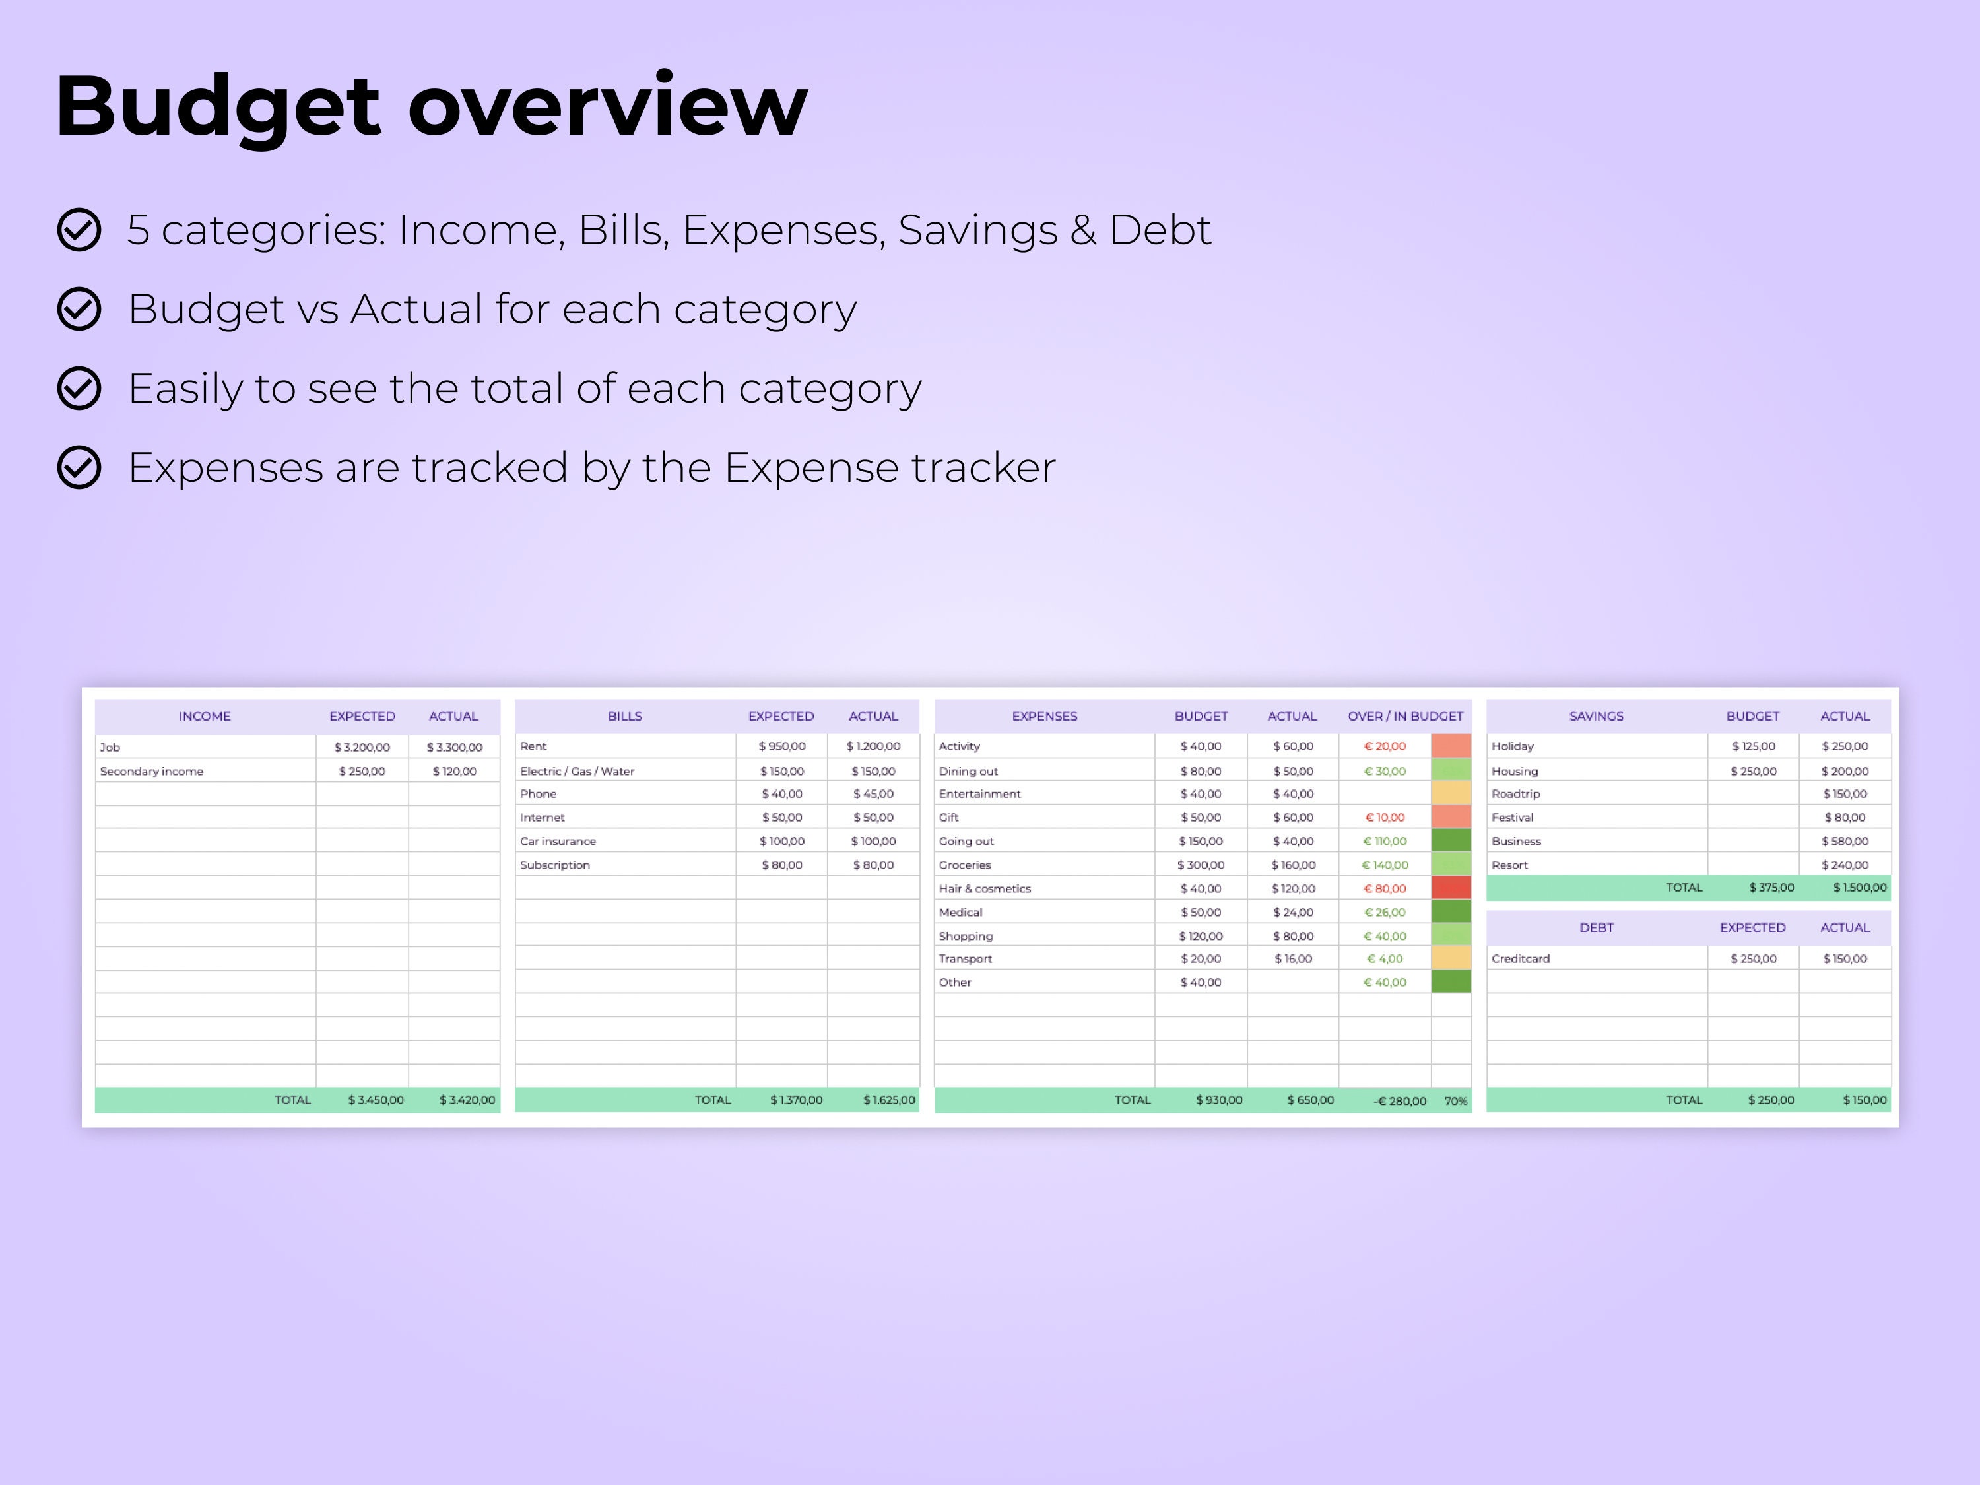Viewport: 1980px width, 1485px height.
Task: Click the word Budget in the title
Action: [218, 108]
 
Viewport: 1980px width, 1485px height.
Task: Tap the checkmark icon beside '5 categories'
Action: [79, 230]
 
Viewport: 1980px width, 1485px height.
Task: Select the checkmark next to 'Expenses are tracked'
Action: [79, 467]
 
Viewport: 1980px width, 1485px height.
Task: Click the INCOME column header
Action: [204, 716]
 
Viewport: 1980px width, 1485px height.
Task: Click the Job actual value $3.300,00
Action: [454, 746]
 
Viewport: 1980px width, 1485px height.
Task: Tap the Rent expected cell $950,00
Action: [781, 746]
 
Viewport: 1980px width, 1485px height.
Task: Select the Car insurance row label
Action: [558, 841]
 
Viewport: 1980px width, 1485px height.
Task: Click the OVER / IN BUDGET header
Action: [1404, 716]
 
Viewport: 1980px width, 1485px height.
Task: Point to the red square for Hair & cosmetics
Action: [1451, 888]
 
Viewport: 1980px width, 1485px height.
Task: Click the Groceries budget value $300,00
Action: [1201, 865]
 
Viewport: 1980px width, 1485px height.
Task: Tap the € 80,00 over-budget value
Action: [1385, 888]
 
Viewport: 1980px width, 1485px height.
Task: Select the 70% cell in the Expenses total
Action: [1455, 1100]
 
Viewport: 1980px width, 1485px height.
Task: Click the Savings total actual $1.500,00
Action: [1859, 887]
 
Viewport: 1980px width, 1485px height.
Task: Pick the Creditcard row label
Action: [1520, 958]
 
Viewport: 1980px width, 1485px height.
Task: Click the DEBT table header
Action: [1596, 927]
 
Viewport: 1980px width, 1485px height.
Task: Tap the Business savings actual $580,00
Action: [1844, 841]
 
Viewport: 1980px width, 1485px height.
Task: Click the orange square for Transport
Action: [1451, 958]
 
